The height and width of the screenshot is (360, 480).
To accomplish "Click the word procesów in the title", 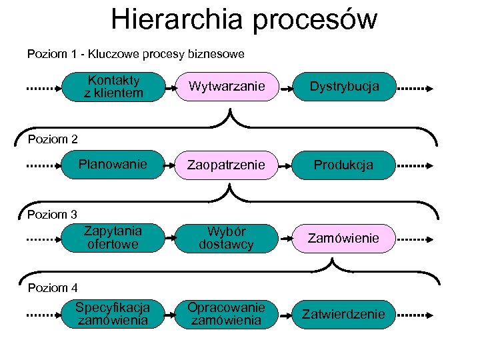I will click(314, 21).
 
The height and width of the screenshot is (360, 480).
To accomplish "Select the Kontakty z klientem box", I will click(113, 87).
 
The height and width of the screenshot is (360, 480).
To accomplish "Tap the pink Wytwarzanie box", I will click(227, 87).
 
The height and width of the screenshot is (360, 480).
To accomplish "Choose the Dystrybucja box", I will click(345, 87).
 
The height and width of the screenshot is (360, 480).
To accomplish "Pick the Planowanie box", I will click(113, 165).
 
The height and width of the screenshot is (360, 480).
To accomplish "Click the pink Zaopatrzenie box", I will click(227, 165).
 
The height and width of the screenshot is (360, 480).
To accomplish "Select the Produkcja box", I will click(345, 165).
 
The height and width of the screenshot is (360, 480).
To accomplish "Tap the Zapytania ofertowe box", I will click(113, 238).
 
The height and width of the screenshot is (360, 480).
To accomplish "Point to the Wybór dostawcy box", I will click(227, 238).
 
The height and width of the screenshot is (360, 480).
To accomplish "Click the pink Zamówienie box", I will click(345, 238).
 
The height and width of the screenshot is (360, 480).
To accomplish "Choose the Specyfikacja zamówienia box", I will click(113, 314).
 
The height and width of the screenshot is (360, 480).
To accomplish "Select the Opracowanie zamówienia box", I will click(227, 314).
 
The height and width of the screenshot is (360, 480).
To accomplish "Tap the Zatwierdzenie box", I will click(345, 314).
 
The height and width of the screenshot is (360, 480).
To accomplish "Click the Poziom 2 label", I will click(53, 139).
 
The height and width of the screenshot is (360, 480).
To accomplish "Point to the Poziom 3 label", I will click(53, 215).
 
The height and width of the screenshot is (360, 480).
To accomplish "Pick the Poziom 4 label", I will click(53, 288).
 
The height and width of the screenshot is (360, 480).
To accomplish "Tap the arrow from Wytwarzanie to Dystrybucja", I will click(285, 87).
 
